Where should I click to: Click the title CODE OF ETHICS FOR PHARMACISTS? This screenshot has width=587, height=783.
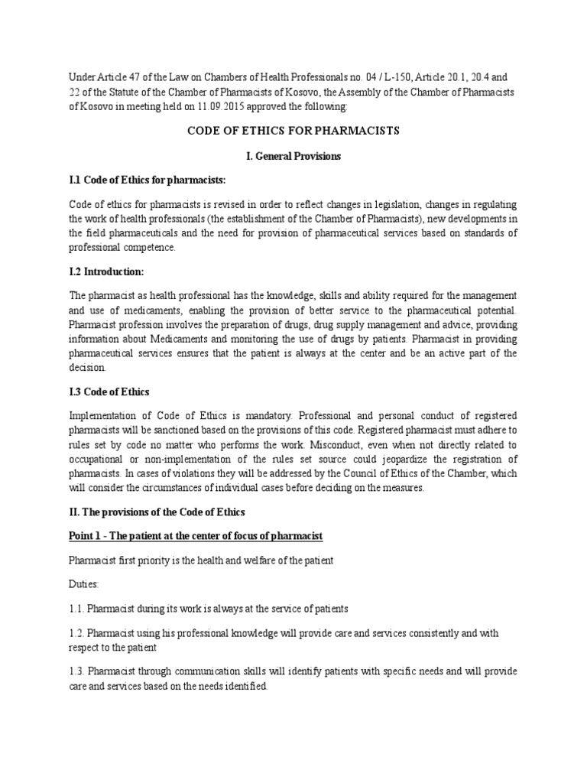[293, 131]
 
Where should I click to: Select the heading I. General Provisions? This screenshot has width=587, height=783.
[293, 156]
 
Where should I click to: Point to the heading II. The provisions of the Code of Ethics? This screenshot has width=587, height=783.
[157, 512]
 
